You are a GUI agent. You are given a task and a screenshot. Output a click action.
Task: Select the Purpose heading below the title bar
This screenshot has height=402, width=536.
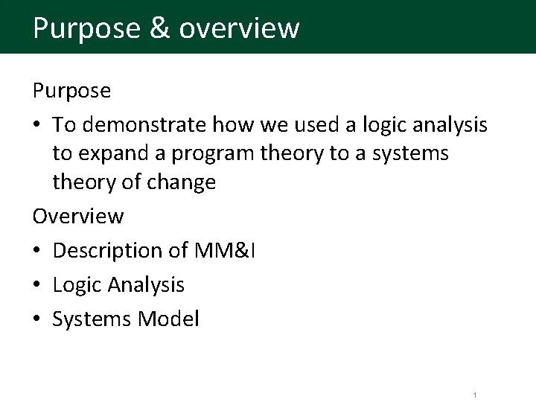tap(72, 91)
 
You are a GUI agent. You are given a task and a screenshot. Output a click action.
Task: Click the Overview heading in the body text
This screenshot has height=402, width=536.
tap(78, 216)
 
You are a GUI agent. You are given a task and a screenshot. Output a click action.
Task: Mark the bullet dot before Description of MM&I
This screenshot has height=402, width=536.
tap(38, 251)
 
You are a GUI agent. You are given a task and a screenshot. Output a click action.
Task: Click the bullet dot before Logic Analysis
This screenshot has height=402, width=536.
tap(38, 285)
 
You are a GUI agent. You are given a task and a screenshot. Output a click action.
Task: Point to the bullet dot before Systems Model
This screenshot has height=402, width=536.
tap(38, 319)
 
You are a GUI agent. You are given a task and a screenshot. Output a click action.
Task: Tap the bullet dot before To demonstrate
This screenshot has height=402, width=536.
tap(38, 125)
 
